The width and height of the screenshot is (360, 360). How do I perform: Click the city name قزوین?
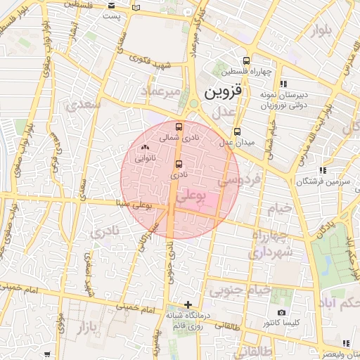pos(223,92)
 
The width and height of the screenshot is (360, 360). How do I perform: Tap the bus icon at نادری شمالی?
pos(179,127)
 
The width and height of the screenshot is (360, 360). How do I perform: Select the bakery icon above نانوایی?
pos(145,148)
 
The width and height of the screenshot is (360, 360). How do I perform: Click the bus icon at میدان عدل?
pos(237,131)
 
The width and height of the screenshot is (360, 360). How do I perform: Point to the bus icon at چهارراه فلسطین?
pos(245,60)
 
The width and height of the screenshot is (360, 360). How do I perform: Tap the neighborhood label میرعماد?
pos(160,92)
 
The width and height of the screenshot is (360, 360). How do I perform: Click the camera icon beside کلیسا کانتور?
pos(281,312)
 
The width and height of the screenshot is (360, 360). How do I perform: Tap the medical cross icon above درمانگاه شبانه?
pos(187,304)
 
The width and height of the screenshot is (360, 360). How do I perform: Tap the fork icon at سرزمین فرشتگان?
pos(323,170)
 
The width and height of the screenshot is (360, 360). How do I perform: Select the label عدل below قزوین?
pos(223,112)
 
